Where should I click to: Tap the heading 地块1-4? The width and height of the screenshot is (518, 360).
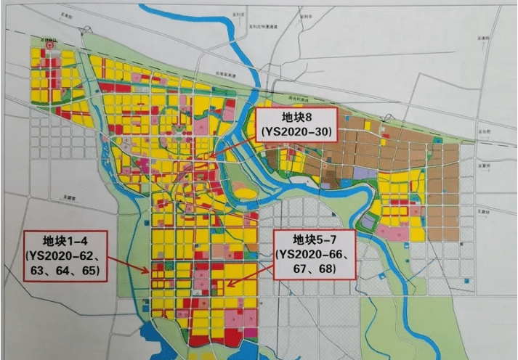pyautogui.click(x=65, y=240)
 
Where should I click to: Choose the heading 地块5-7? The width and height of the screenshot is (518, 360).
pyautogui.click(x=315, y=240)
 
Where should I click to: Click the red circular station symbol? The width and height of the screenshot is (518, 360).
pyautogui.click(x=50, y=44)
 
